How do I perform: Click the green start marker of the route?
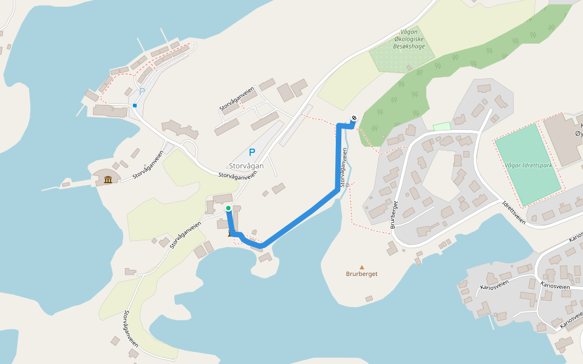coord(228,208)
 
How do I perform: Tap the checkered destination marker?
coord(354,118)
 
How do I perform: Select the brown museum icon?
coord(108,180)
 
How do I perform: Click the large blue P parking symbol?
coord(251,152)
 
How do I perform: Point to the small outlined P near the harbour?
coord(142,91)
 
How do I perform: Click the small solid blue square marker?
coord(135,106)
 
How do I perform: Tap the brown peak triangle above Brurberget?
coord(362,267)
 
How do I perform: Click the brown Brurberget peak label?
coord(362,274)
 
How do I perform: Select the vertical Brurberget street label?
coord(394,214)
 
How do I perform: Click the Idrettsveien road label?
coord(514,212)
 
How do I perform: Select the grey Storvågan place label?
coord(246,166)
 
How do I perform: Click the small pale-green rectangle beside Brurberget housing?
coord(442,126)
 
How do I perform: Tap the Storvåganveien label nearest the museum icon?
coord(148,164)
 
